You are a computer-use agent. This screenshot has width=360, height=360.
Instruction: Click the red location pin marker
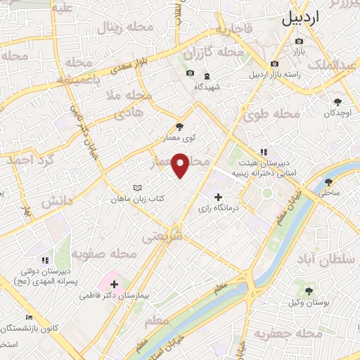tap(181, 166)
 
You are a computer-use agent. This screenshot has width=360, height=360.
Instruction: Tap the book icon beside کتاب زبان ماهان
tap(138, 188)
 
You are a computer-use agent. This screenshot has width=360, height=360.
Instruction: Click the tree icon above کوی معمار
tap(179, 127)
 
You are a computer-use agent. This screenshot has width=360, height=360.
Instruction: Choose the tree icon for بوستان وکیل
tap(309, 291)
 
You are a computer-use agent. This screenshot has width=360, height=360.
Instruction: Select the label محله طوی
tap(276, 115)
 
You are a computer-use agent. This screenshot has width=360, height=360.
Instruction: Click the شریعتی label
tap(162, 238)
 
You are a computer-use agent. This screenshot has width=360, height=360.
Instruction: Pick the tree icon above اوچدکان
tap(338, 101)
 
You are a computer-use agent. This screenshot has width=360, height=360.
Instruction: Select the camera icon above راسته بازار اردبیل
tap(274, 64)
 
